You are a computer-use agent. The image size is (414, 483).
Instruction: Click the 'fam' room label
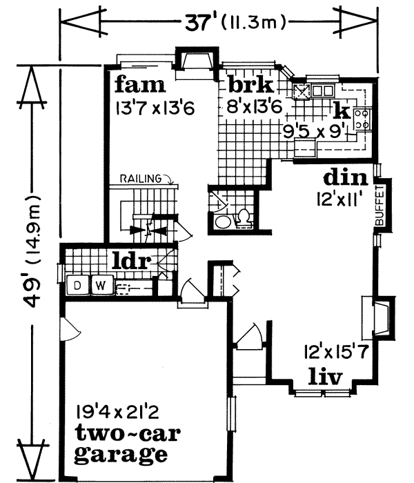pos(141,86)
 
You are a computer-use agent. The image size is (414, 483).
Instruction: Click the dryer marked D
pos(79,284)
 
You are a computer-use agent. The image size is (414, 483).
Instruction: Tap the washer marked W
pos(100,284)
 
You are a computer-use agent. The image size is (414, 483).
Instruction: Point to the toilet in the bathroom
pos(243,218)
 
